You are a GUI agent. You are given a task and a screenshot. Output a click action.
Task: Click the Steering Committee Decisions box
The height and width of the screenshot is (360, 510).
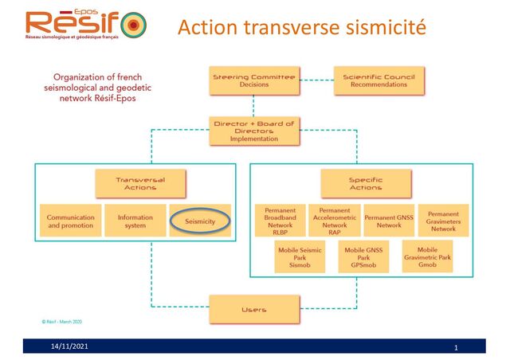[x=253, y=80]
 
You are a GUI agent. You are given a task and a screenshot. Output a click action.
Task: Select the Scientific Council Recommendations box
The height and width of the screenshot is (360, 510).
[x=379, y=80]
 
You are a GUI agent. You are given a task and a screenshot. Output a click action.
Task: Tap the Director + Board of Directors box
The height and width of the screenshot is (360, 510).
[x=254, y=130]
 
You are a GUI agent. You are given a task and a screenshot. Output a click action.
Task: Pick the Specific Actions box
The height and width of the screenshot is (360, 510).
[x=365, y=183]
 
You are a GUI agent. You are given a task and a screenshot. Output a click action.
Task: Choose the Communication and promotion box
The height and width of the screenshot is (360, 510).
[x=70, y=221]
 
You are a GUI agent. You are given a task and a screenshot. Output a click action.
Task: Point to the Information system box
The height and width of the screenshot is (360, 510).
[x=135, y=221]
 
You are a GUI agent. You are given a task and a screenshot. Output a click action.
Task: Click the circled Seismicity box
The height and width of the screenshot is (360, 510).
[x=199, y=221]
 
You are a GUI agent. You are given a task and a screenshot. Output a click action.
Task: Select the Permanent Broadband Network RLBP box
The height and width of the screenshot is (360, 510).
[x=280, y=221]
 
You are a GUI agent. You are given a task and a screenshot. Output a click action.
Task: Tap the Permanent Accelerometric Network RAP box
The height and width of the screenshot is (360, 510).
[x=335, y=221]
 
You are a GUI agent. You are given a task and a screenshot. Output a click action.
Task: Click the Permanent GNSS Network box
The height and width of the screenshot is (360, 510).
[x=389, y=221]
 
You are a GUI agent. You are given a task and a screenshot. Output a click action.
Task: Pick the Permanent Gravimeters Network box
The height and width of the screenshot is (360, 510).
[x=443, y=221]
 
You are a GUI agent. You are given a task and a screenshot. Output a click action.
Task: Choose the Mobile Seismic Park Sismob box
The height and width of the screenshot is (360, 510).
[x=299, y=256]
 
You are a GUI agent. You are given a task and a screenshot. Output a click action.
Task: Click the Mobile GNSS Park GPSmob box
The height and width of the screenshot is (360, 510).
[x=363, y=256]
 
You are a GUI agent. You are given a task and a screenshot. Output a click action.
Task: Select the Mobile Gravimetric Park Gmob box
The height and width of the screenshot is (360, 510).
[x=428, y=256]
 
